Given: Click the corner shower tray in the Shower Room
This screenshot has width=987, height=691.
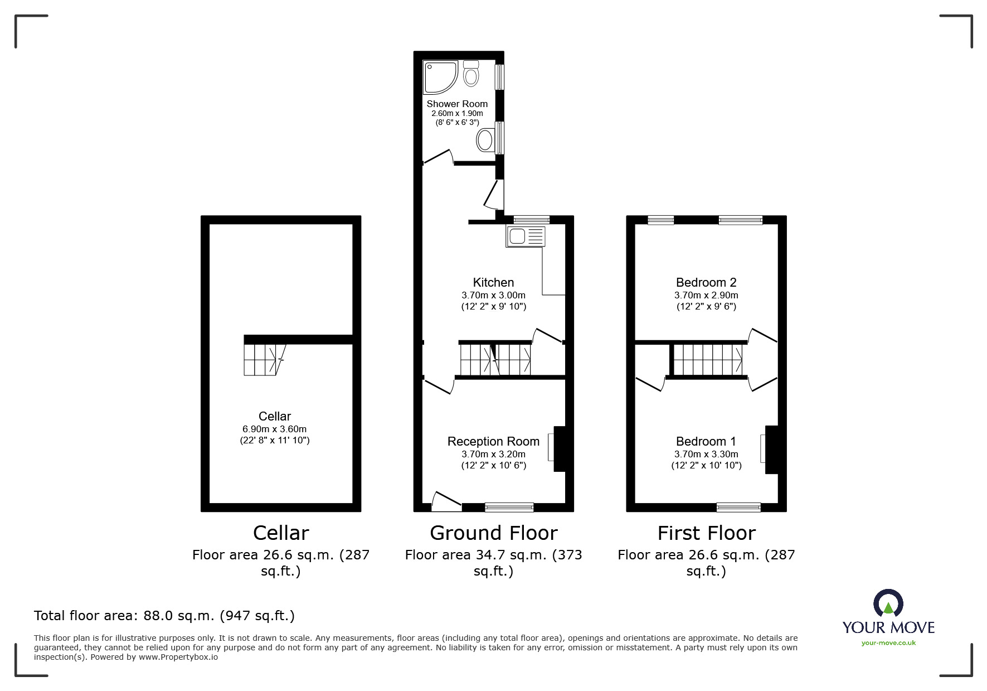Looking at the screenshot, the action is (x=440, y=77).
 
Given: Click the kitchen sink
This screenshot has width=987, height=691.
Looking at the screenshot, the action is (x=526, y=236).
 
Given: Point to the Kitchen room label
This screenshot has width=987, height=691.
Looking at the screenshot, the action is (x=493, y=282).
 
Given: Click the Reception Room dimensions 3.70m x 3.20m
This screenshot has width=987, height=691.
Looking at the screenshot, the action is (x=493, y=454).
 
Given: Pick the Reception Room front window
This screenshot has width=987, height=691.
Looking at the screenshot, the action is (x=509, y=507).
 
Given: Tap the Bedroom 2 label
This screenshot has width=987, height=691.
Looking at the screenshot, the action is (x=706, y=282).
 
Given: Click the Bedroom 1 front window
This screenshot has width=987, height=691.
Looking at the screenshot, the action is (x=738, y=507).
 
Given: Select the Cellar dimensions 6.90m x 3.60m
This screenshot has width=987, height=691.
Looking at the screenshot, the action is (x=274, y=429).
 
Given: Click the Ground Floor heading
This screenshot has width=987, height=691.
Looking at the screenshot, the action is (x=493, y=533).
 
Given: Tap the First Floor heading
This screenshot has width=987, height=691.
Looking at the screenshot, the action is (x=706, y=533).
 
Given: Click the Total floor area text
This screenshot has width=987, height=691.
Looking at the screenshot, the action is (x=164, y=616).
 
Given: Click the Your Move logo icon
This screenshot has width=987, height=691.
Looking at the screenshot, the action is (x=888, y=603).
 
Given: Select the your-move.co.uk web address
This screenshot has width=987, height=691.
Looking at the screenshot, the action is (x=888, y=643).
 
